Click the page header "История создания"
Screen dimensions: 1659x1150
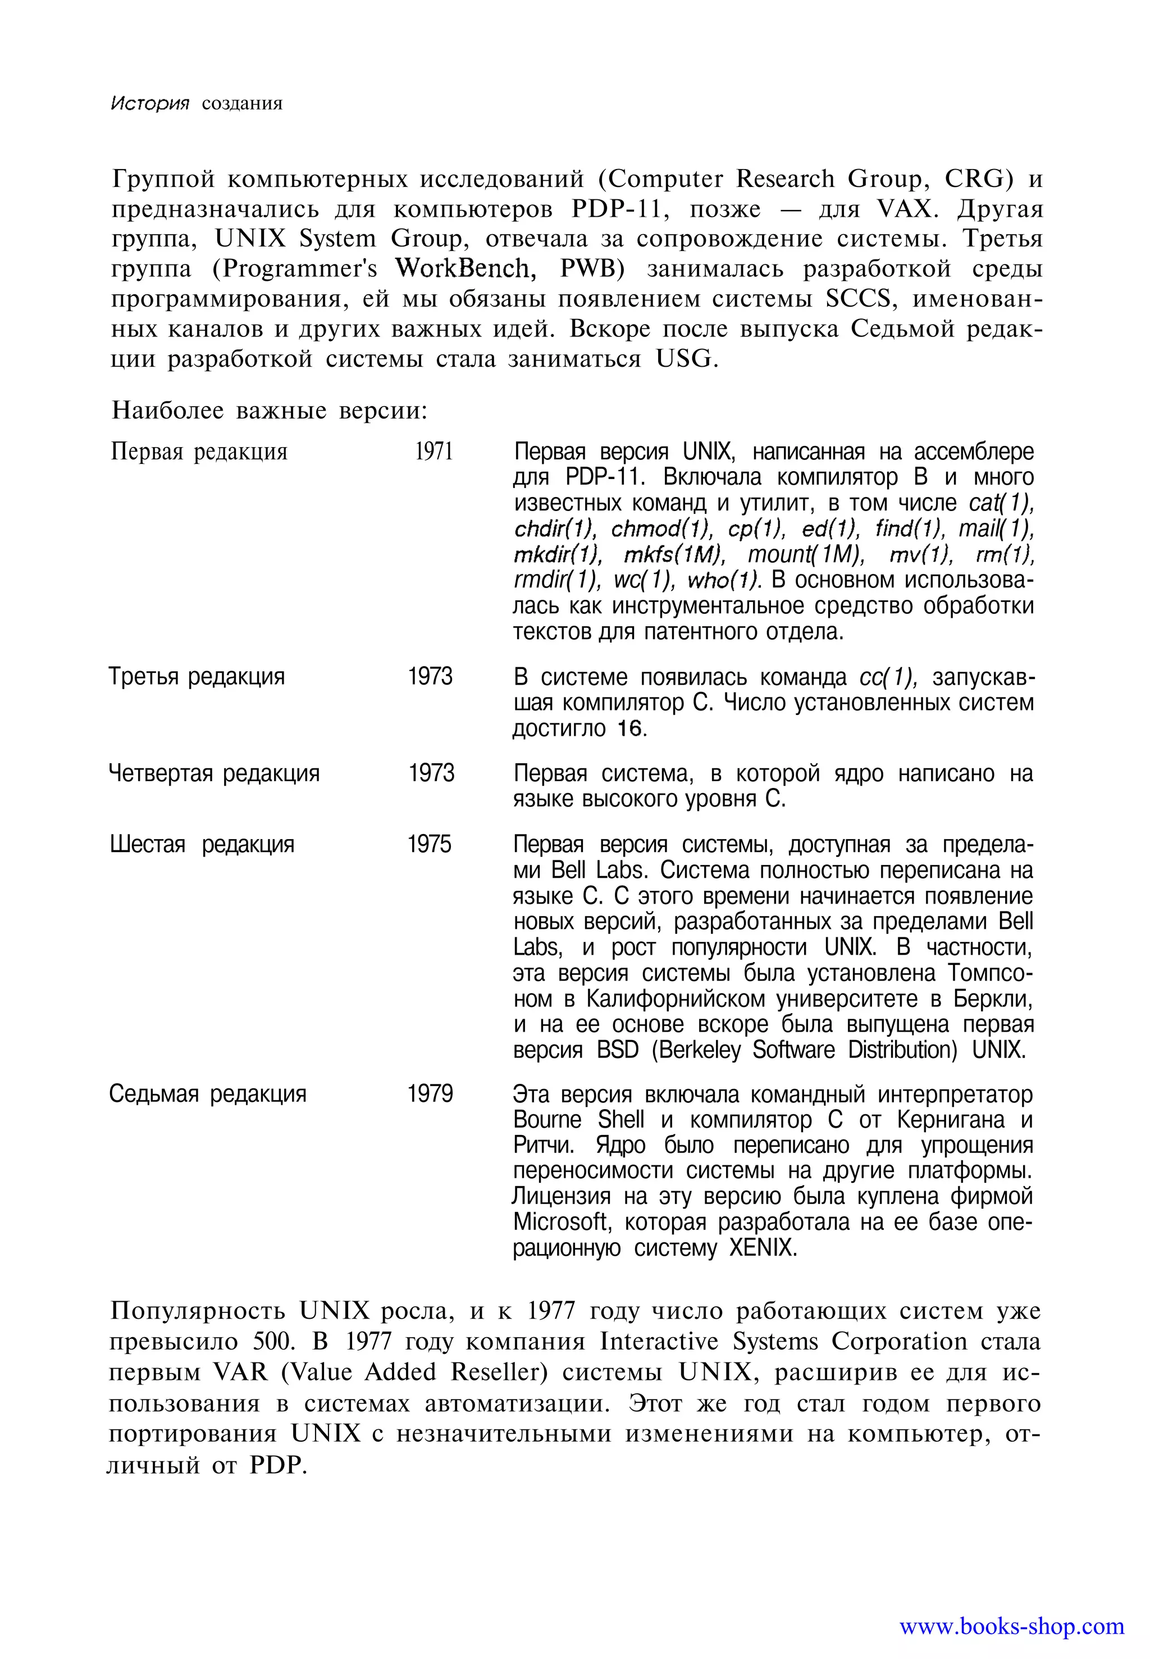coord(196,103)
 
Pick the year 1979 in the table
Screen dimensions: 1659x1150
coord(430,1094)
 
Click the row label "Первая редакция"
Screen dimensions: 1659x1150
coord(199,452)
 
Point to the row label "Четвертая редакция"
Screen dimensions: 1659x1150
coord(214,773)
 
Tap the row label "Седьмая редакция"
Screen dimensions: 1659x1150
coord(208,1094)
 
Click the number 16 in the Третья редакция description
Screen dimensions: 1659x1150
coord(629,728)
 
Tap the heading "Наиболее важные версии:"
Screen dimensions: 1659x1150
coord(270,411)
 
